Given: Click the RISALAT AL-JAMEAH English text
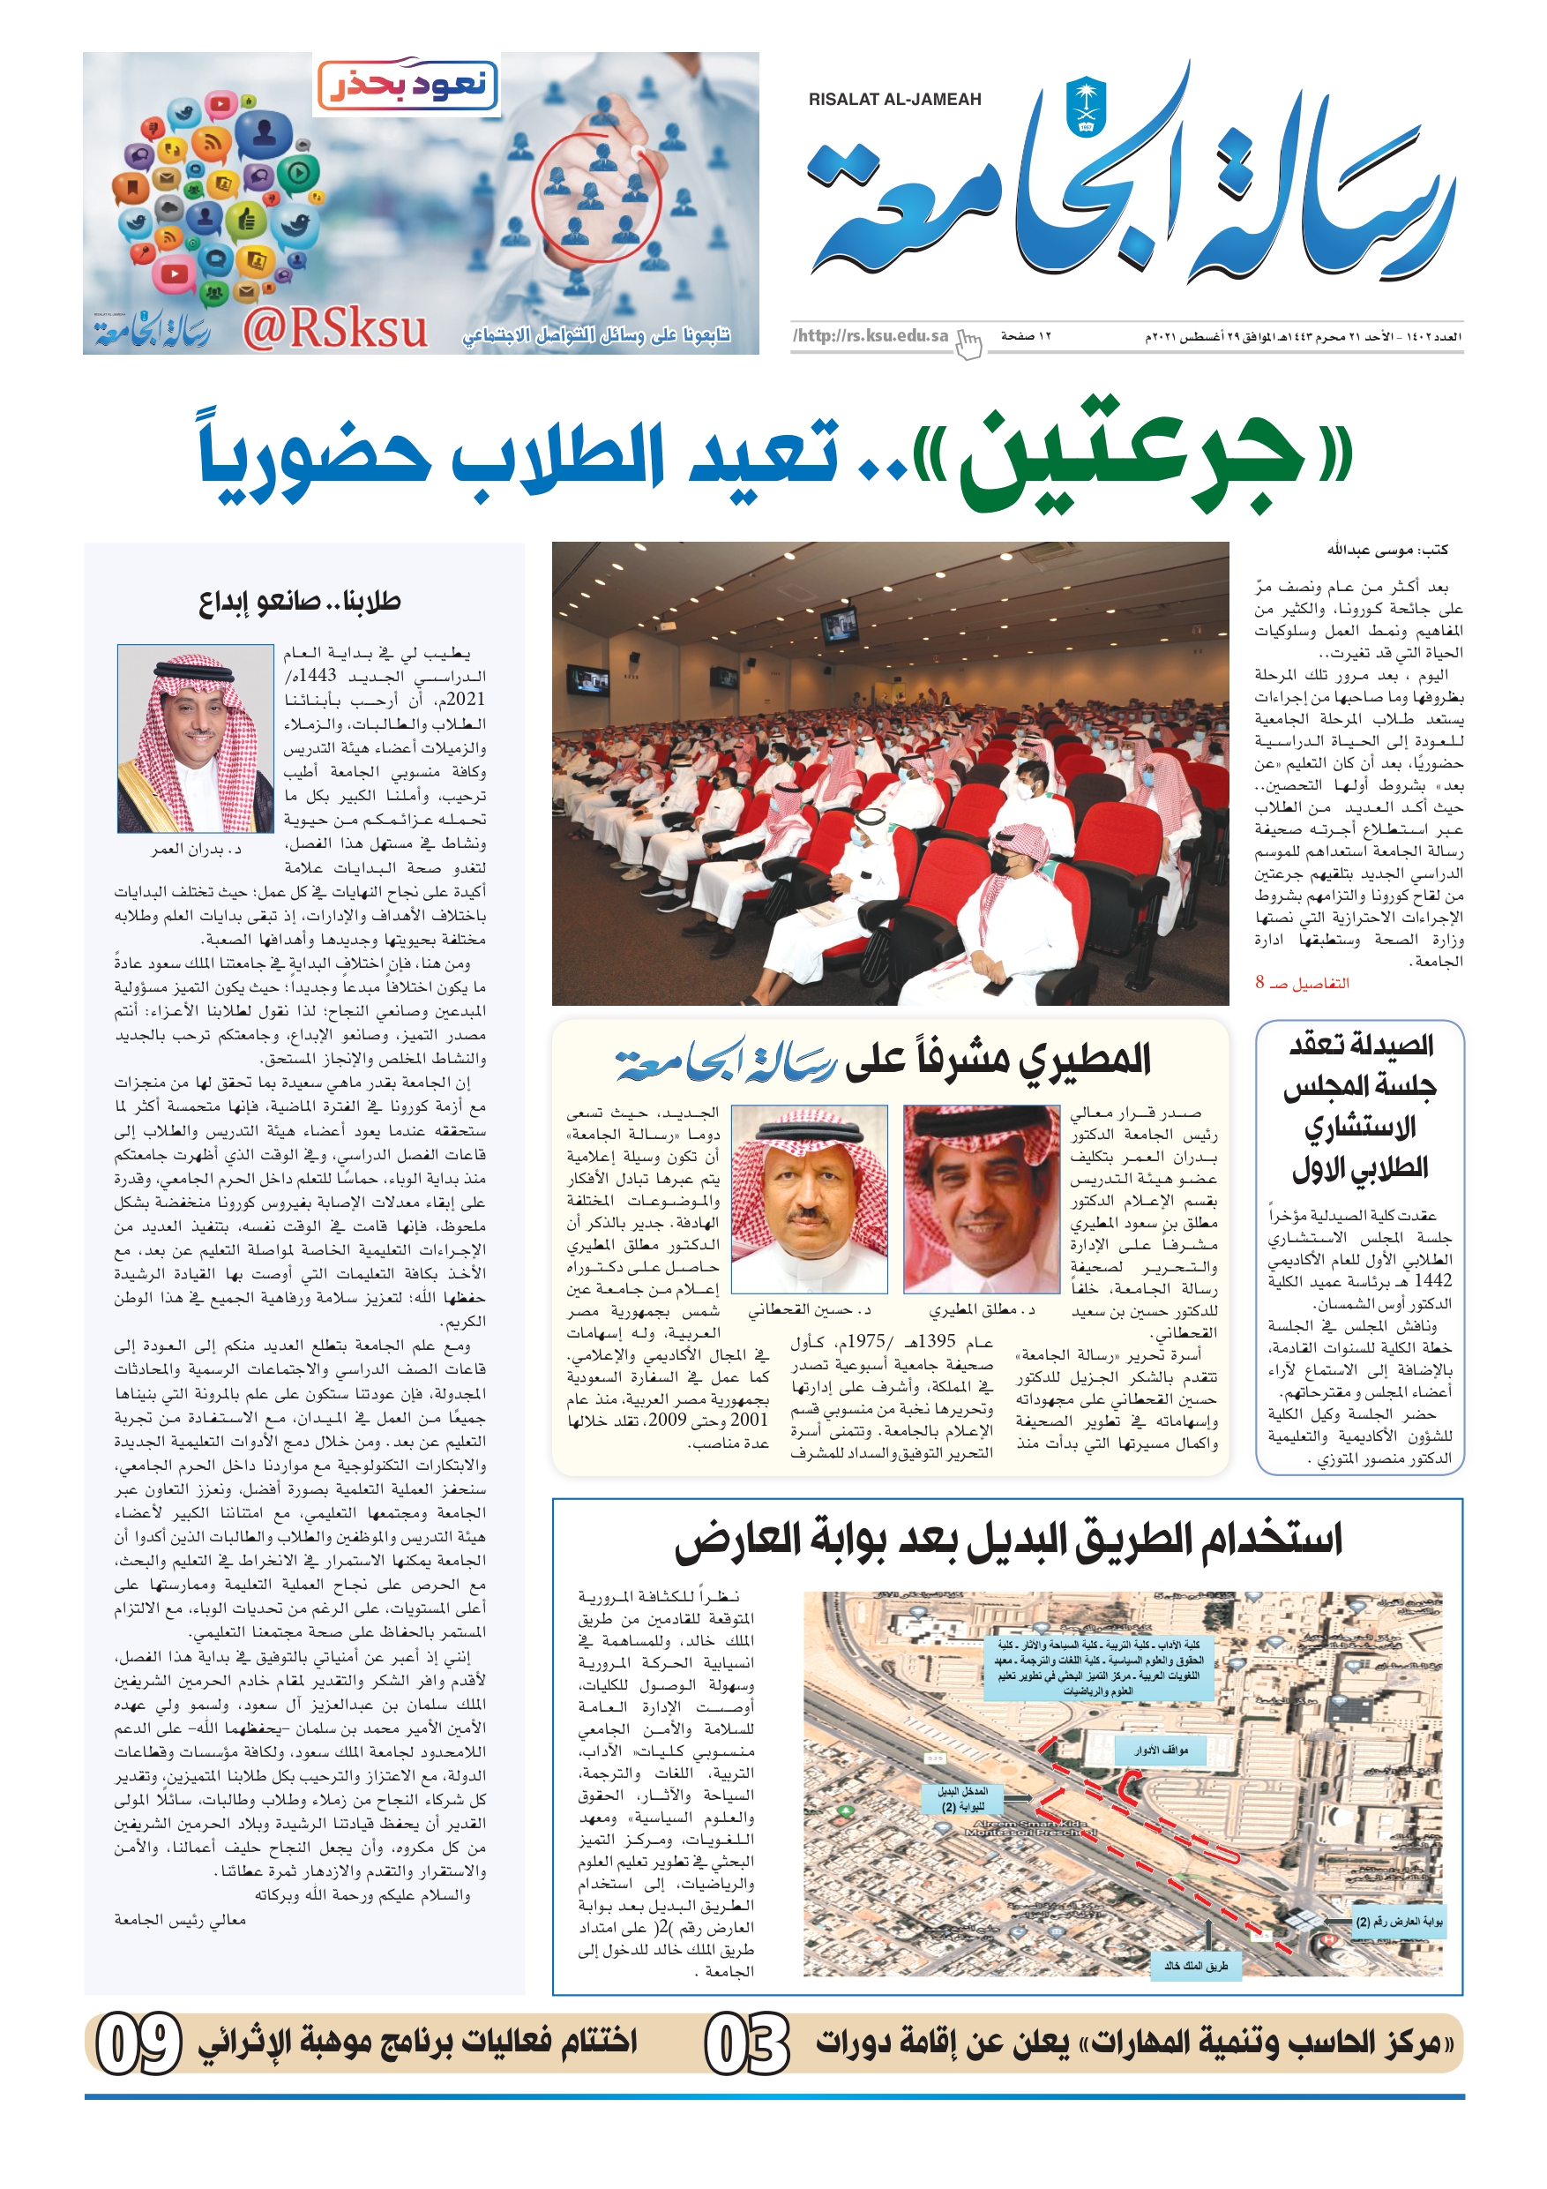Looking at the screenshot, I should coord(894,99).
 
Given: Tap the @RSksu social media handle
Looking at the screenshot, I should coord(334,330).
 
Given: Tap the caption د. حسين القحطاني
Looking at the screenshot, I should coord(808,1310).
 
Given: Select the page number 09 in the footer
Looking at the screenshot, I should coord(139,2043).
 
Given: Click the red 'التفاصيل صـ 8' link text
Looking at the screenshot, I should coord(1301,983).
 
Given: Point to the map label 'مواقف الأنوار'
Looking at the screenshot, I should coord(1161,1750).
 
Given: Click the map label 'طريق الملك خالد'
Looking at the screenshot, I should coord(1196,1965).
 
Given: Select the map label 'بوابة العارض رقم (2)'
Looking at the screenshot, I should coord(1398,1921).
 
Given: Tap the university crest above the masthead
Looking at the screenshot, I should coord(1086,106).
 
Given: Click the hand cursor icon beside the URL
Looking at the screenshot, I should coord(968,343).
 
